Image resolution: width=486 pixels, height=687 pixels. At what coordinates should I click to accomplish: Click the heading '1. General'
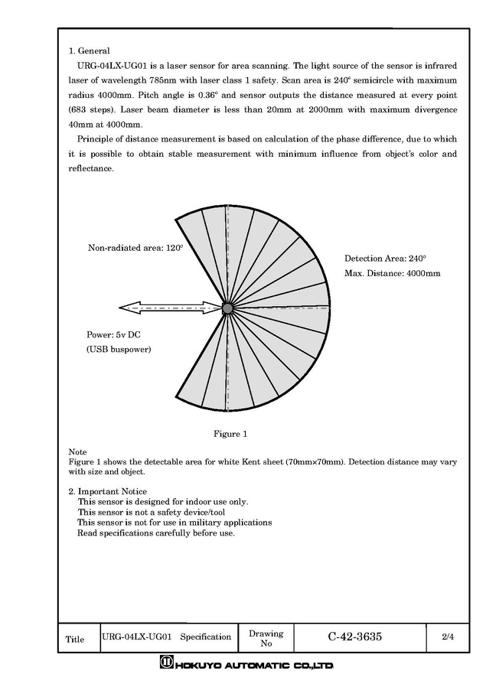(90, 50)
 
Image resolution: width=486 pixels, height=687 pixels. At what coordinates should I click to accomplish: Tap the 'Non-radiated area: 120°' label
(135, 248)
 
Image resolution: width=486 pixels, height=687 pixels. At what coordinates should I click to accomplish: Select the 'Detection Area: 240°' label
(385, 259)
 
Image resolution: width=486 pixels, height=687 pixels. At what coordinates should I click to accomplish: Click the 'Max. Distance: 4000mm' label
(392, 273)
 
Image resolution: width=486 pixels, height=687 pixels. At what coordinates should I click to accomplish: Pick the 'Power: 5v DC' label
(114, 335)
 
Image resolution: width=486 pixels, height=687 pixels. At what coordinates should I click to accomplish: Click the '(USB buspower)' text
(119, 350)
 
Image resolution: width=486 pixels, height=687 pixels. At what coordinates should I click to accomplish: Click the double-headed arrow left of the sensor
(168, 308)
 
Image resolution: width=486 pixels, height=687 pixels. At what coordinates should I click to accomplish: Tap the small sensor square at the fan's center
(227, 308)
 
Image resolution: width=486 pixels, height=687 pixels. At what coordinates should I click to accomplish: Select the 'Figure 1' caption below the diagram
(230, 434)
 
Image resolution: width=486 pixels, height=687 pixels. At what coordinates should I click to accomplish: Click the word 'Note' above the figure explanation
(77, 452)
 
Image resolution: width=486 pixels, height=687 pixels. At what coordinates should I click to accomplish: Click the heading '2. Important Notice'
(108, 491)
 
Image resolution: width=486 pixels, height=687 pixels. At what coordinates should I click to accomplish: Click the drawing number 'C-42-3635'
(355, 637)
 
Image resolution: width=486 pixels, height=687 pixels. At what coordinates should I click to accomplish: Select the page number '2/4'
(448, 637)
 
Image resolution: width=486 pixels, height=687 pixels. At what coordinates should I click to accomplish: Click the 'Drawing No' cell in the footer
(266, 638)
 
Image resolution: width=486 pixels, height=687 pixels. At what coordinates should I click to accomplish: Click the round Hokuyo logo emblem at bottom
(166, 663)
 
